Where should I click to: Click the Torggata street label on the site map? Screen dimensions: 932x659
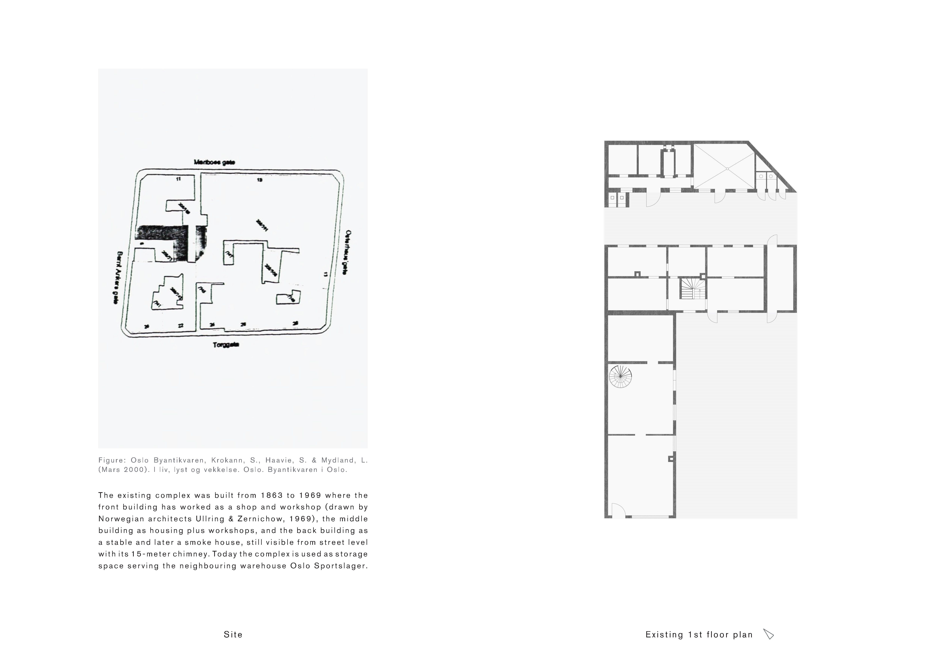click(x=226, y=345)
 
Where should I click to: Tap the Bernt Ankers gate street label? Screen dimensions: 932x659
click(x=118, y=278)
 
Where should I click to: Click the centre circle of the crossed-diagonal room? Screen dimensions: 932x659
click(x=727, y=168)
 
